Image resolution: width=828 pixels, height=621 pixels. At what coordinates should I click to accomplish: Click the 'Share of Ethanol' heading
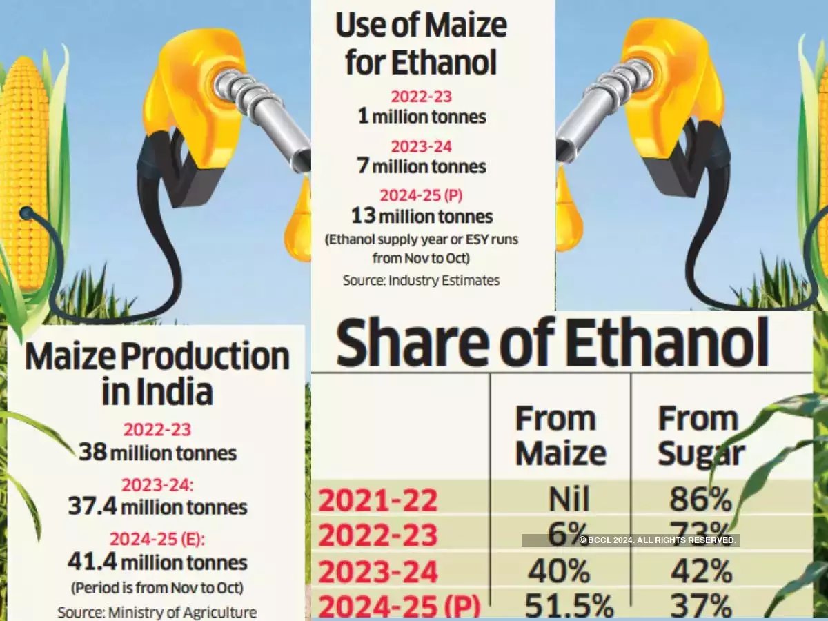pos(552,343)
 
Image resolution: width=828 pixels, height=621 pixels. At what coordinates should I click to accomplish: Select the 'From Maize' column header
pos(560,436)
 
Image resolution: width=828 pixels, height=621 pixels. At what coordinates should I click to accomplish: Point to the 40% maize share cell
pos(560,571)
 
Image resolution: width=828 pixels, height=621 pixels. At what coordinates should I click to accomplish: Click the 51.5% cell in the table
pos(569,607)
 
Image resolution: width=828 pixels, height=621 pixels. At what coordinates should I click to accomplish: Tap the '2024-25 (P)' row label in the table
pos(399,607)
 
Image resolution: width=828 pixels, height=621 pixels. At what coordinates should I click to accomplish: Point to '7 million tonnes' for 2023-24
pos(422,166)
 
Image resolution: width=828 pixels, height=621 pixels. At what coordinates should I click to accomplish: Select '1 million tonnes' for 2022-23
pos(422,117)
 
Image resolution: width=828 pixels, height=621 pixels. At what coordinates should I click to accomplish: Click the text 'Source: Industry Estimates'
pos(421,280)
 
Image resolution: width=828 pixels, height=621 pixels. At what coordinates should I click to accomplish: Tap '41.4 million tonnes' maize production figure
pos(157,562)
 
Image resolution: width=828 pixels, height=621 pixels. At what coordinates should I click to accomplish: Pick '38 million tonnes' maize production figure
pos(157,453)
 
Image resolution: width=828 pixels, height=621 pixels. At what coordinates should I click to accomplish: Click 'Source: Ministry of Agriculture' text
pos(157,612)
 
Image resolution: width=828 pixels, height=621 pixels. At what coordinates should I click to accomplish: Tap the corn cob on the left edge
pos(24,172)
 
